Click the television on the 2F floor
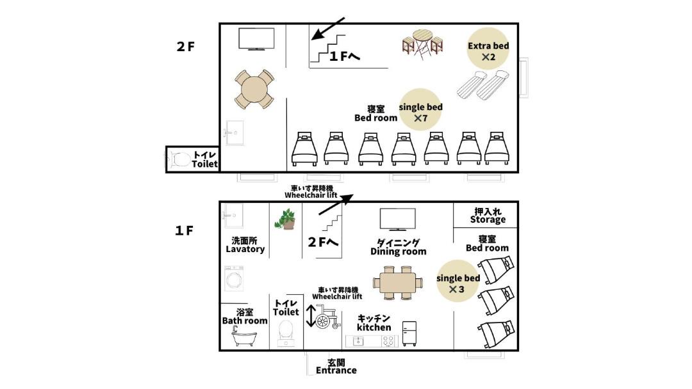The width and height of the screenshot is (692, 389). [256, 39]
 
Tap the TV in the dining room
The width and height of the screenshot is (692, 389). [398, 219]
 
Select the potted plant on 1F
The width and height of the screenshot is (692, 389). [286, 219]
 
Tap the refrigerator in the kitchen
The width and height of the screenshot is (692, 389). [409, 334]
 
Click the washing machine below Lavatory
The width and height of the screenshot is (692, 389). [233, 278]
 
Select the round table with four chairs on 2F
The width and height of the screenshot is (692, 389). [254, 90]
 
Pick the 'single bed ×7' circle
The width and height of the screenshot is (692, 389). [420, 109]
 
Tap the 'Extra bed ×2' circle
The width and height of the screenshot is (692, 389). [488, 49]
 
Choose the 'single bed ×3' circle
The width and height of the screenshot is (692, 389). [457, 281]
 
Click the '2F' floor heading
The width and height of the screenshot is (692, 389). [185, 47]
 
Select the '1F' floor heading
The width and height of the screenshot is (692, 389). [185, 230]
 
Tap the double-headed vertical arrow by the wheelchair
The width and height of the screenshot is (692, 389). [311, 316]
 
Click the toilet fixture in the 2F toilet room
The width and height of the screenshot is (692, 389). [179, 159]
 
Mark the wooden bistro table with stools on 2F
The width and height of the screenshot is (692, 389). [423, 45]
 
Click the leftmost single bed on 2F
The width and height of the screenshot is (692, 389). [304, 149]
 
